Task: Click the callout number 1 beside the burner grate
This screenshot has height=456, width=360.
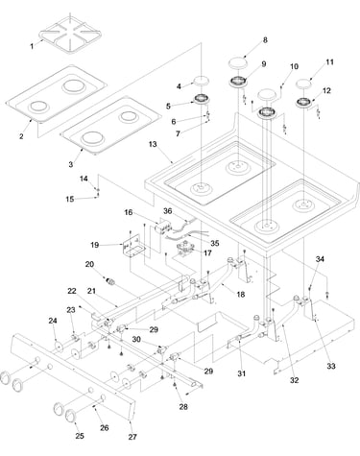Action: coord(32,47)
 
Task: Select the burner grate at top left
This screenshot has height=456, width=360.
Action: coord(70,35)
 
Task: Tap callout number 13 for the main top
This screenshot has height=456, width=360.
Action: coord(153,144)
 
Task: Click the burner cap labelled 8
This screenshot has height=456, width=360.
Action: coord(238,62)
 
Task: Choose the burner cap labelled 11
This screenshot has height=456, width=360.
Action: coord(303,84)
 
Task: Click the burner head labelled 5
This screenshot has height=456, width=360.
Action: coord(202,98)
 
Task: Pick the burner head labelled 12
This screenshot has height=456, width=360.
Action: coord(303,103)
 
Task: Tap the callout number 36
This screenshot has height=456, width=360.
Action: coord(168,211)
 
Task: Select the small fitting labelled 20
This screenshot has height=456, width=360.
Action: coord(110,282)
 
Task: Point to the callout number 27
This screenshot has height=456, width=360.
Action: coord(132,437)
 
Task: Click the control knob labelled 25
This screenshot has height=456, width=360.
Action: coord(73,416)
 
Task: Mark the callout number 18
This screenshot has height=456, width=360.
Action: coord(241,295)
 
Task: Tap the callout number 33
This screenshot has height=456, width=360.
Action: coord(331,366)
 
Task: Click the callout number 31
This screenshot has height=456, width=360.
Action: coord(242,373)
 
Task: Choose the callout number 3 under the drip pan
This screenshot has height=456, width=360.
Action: coord(71,165)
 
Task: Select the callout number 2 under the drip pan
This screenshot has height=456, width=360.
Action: coord(21,136)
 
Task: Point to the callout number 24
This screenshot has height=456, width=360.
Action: coord(53,321)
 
